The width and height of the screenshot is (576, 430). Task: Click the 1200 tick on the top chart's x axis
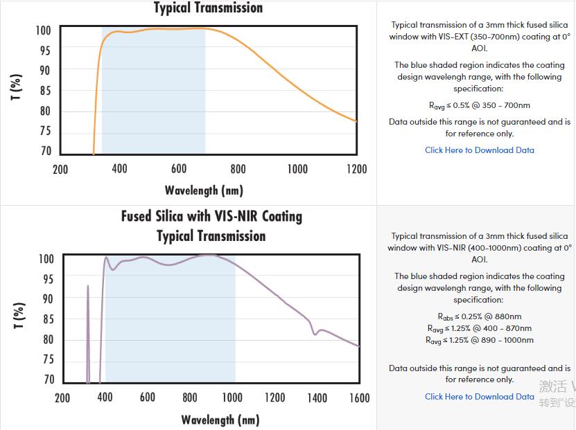coord(357,169)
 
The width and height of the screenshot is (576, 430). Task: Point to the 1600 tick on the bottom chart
coord(360,397)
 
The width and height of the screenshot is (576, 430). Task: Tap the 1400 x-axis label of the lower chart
coord(317,397)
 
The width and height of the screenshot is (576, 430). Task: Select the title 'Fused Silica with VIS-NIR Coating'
coord(211,216)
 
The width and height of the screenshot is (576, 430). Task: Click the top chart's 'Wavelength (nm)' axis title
coord(204,190)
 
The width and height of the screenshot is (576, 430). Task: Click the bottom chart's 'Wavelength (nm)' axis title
coord(220,419)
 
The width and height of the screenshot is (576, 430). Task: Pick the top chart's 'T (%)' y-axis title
coord(16,87)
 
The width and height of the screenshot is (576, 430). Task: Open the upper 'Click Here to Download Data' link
coord(479,150)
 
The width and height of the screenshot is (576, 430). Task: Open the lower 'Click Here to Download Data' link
coord(479,396)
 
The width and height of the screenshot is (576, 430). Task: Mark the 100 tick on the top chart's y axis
coord(44,30)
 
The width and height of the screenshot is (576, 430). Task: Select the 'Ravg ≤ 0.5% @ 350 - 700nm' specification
coord(480,105)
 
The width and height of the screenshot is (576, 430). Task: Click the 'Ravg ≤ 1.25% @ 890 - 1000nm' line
coord(480,340)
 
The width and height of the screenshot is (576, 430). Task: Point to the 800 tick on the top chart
coord(238,169)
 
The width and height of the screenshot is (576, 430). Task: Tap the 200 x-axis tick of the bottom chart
coord(62,397)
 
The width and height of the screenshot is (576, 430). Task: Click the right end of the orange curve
coord(356,121)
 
